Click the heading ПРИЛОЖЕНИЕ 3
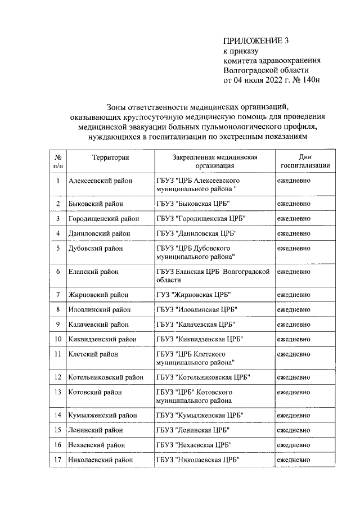coord(251,41)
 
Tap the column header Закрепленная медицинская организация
coord(215,162)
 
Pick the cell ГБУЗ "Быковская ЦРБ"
coord(194,203)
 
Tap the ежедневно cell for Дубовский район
coord(294,248)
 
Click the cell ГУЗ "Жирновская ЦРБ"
coord(194,295)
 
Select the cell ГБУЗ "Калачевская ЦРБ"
coord(196,325)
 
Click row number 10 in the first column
coord(58,339)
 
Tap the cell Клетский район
coord(93,354)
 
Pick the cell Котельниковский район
coord(105,377)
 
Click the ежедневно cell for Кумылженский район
coord(294,415)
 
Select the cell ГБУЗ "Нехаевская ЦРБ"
coord(195,445)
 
